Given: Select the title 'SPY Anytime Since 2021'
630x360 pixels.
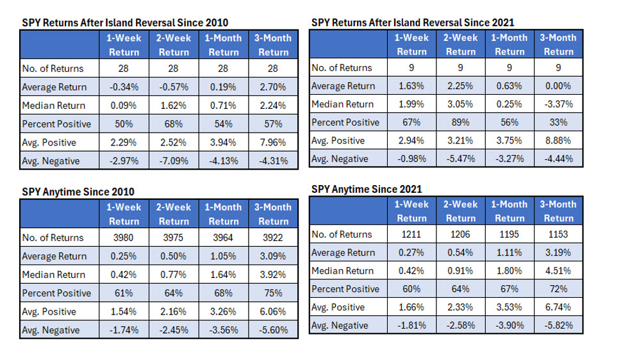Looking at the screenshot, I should click(366, 188).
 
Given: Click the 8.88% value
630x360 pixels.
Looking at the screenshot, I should click(558, 140).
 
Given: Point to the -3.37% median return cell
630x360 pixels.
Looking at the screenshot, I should click(558, 104).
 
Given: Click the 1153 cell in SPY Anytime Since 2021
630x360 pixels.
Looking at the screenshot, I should click(558, 234).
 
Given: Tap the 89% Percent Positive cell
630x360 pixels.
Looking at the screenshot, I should click(460, 122).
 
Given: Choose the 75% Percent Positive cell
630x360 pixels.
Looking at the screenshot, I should click(274, 293).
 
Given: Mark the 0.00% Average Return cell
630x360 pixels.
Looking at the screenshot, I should click(558, 86).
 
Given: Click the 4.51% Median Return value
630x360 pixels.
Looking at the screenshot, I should click(558, 271).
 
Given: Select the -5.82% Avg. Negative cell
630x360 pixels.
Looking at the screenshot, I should click(558, 326).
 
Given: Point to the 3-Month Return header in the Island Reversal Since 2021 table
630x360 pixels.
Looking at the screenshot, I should click(558, 44).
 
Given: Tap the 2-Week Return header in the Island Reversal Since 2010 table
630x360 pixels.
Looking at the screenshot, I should click(174, 45).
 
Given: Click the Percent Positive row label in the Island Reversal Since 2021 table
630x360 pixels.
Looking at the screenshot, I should click(345, 122).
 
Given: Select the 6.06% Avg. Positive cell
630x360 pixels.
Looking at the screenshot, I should click(274, 312).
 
